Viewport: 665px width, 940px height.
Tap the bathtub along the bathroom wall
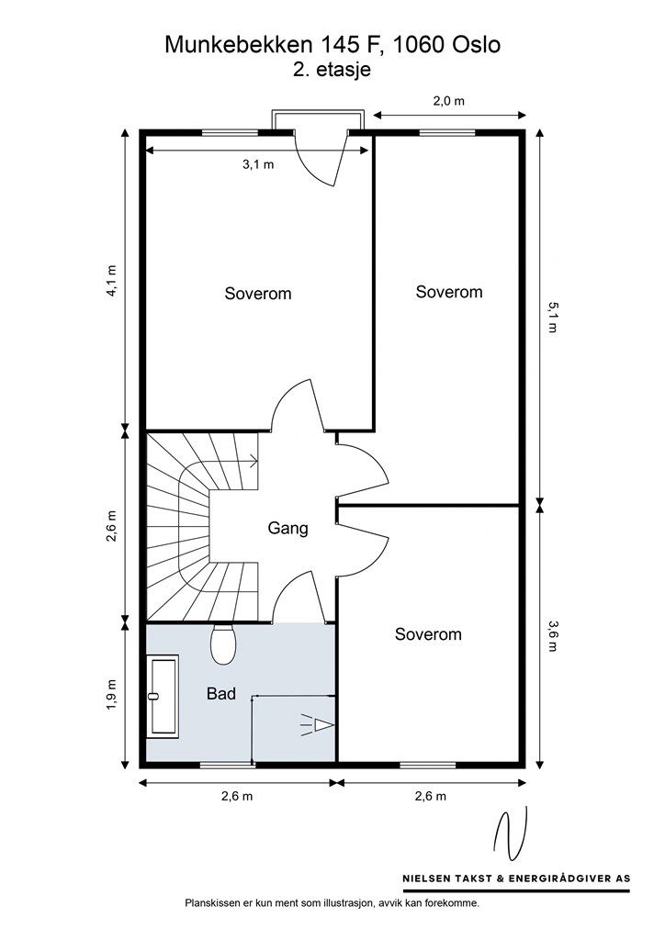point(163,697)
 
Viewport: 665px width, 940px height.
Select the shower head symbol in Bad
point(317,725)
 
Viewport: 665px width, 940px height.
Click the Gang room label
point(287,528)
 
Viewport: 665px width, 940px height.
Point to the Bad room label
point(221,694)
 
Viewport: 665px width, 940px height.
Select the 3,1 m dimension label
point(258,164)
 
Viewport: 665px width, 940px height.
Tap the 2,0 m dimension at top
point(448,101)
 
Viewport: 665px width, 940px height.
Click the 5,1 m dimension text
point(552,317)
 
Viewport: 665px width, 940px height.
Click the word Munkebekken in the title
point(240,45)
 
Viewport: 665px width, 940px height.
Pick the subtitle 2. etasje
point(332,70)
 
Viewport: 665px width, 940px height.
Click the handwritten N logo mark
point(511,834)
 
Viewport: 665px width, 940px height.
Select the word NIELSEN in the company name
point(426,878)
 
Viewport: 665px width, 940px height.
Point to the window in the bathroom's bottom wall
point(227,765)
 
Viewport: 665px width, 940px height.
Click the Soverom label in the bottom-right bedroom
point(428,634)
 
